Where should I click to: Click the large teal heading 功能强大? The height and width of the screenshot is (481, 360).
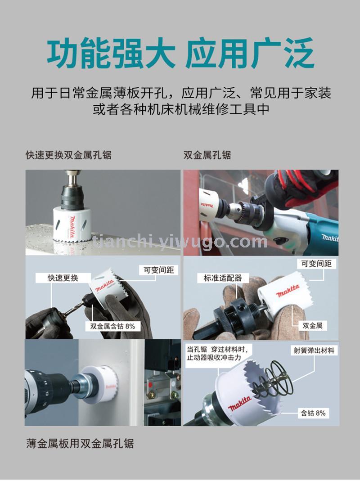111,53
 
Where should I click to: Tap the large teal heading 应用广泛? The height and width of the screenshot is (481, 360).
250,53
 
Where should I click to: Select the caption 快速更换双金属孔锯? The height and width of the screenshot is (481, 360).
68,155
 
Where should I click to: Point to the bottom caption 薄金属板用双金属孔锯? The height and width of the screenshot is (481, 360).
80,444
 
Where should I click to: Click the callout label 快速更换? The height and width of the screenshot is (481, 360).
63,278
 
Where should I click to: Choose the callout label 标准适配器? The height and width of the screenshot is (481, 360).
223,278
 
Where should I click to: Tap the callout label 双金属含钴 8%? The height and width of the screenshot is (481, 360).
112,326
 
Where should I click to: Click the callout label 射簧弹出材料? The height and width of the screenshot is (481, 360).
314,351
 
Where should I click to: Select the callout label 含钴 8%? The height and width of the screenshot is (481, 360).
313,413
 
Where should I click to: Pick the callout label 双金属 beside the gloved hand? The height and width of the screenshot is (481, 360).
312,325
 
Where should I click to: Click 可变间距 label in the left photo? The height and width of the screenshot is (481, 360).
159,270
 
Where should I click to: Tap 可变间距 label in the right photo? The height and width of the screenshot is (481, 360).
316,264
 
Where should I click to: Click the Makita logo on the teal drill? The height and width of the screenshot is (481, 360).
329,238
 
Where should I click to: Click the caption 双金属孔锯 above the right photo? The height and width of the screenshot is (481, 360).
207,155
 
